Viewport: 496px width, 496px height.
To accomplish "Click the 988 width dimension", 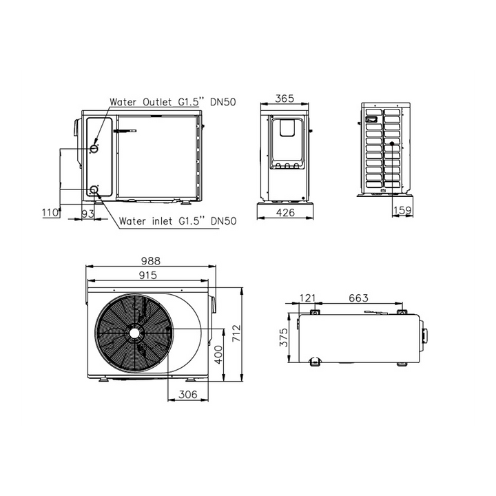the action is [151, 261].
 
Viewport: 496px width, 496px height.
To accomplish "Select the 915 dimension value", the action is [148, 275].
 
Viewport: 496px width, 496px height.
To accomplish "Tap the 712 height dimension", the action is [236, 333].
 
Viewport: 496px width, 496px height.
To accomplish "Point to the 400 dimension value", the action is [218, 355].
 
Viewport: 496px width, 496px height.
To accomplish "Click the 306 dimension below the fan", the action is [188, 395].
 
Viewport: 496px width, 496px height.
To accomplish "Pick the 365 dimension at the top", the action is [285, 99].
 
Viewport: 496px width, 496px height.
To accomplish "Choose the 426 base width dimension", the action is [285, 213].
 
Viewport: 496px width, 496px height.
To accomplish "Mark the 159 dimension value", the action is [403, 210].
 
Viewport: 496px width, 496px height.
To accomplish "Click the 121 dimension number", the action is [307, 298].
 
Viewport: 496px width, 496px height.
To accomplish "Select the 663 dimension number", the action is [359, 298].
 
